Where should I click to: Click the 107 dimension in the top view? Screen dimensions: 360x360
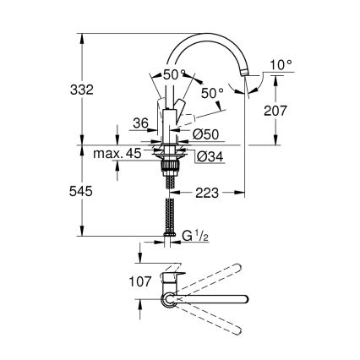point(143,281)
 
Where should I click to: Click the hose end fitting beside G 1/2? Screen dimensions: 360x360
point(169,236)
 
